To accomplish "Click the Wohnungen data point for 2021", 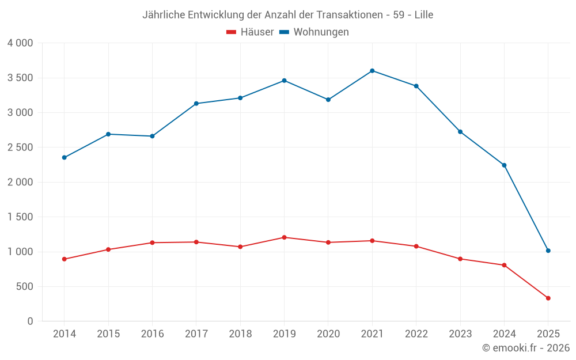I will [372, 71].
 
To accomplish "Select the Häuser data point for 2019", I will [284, 237].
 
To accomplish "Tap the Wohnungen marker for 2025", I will [548, 251].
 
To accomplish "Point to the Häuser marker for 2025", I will [548, 298].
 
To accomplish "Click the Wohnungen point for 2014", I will [64, 157].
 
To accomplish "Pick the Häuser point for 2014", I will [64, 259].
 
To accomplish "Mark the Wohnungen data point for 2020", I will [328, 100].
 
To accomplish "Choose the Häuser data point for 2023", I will [460, 259].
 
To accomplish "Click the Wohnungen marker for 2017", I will [196, 104].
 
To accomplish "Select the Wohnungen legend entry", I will [314, 32].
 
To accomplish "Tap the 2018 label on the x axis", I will [240, 334].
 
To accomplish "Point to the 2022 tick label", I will [416, 334].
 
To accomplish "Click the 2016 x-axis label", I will [152, 334].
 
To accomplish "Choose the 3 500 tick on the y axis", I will [20, 78].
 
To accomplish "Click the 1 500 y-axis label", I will [20, 217].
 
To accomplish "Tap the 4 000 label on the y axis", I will [20, 43].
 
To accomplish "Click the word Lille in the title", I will [422, 15].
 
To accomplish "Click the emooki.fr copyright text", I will [526, 348].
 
